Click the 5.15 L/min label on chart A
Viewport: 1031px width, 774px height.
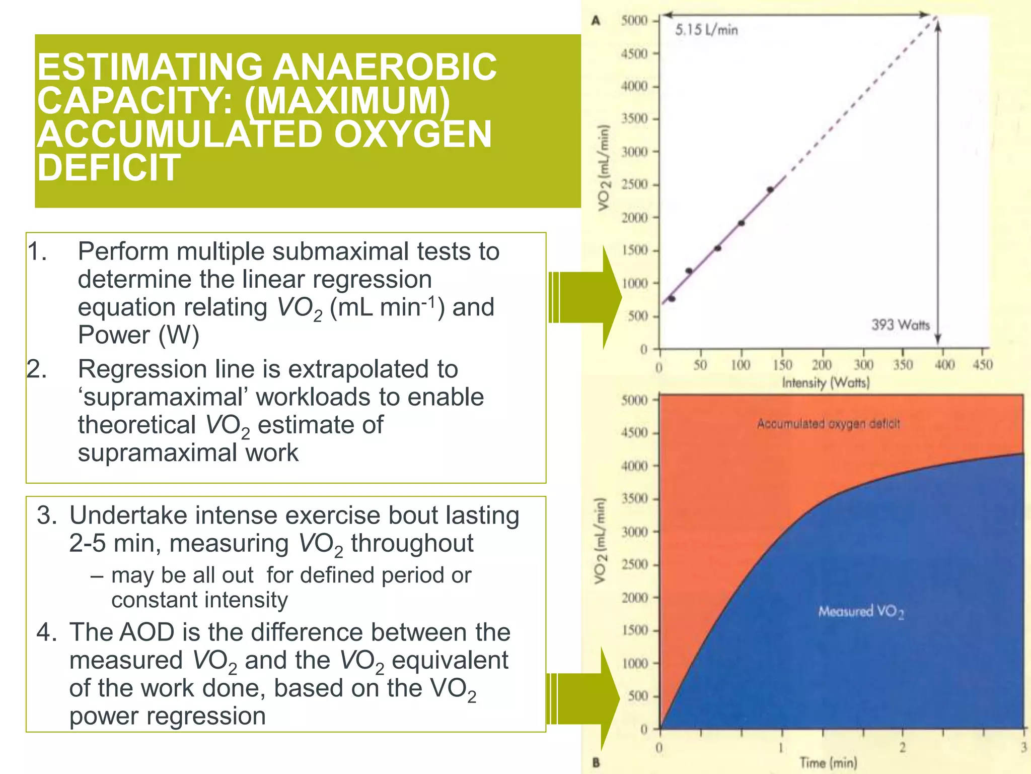[706, 30]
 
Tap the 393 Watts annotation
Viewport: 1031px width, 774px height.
[900, 325]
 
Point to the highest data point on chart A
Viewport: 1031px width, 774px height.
[770, 190]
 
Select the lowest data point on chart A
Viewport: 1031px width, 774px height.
[672, 299]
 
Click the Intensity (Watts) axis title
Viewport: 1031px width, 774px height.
[826, 383]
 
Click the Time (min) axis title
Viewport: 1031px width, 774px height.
[828, 762]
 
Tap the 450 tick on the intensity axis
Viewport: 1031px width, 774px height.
[982, 365]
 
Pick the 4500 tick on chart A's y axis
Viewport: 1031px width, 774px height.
[634, 54]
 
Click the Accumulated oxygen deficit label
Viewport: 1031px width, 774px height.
[828, 424]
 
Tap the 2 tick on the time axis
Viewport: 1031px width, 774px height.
[902, 747]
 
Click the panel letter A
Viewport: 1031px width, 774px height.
[596, 21]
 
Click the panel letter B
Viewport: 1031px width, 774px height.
[596, 762]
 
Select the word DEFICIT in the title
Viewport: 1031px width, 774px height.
[109, 168]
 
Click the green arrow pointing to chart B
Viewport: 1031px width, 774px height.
[584, 698]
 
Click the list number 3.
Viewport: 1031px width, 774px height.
[47, 515]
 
